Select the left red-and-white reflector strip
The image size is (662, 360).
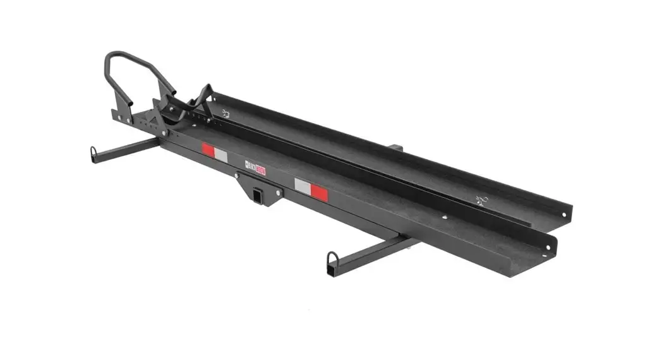click(214, 153)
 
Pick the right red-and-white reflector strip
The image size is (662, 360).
click(311, 189)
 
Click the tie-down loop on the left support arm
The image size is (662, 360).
click(94, 155)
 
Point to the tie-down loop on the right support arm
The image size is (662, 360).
click(332, 261)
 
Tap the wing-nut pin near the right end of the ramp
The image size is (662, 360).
click(482, 201)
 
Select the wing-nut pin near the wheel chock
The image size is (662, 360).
click(226, 114)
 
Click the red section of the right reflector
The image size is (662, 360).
click(319, 192)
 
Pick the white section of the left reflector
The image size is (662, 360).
click(220, 155)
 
